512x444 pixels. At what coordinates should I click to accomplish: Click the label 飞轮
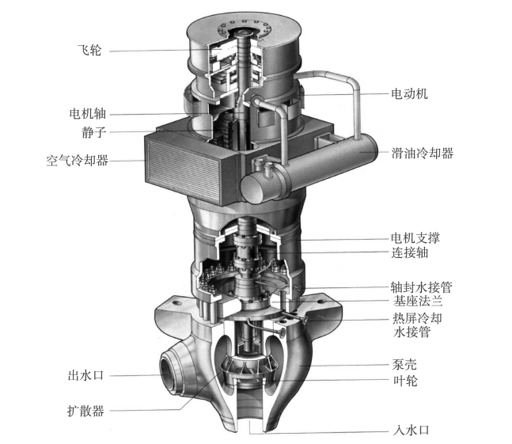tap(89, 51)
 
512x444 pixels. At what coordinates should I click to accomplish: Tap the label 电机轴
tap(88, 114)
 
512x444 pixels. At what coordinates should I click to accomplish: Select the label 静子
tap(93, 132)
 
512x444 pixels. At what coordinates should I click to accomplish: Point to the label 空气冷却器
tap(77, 161)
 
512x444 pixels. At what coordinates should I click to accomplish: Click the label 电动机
tap(409, 94)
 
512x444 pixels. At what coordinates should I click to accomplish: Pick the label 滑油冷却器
tap(423, 153)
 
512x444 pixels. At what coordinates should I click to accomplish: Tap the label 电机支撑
tap(415, 238)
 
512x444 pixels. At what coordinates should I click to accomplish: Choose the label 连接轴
tap(409, 252)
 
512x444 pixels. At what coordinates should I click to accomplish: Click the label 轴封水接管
tap(422, 287)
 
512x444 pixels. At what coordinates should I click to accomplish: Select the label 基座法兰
tap(418, 301)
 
